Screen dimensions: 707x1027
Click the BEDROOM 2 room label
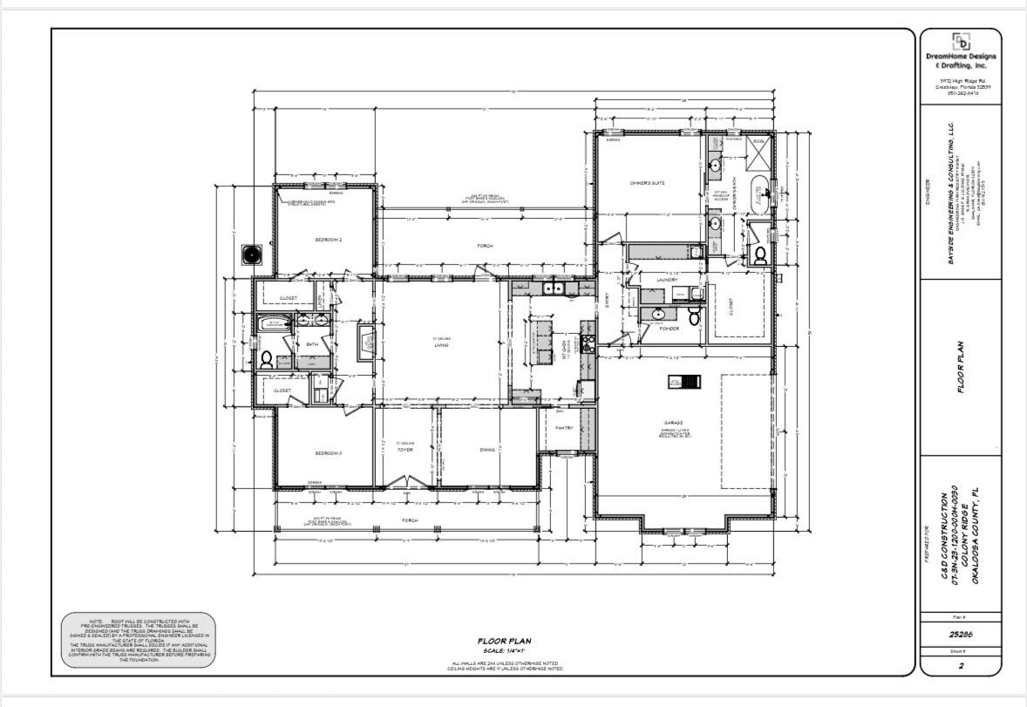[x=328, y=239]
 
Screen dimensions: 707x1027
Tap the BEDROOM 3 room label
[x=328, y=452]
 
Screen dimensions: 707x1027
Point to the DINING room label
[x=487, y=450]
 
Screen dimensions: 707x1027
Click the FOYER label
[x=405, y=450]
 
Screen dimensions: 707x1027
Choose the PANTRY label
[x=564, y=427]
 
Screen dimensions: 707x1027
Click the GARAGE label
[x=671, y=423]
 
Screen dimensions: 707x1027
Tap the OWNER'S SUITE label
[x=648, y=183]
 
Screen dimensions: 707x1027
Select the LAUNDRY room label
[x=667, y=280]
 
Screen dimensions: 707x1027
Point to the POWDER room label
[x=669, y=329]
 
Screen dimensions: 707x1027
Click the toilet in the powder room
[x=695, y=316]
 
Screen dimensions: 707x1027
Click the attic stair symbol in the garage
[x=681, y=381]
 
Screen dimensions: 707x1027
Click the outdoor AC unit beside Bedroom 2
[x=253, y=255]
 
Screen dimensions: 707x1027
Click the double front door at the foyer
[x=404, y=481]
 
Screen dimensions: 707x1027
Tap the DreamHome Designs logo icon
[x=962, y=41]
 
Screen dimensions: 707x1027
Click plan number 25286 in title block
[x=962, y=636]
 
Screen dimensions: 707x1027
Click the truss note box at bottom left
[x=139, y=639]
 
